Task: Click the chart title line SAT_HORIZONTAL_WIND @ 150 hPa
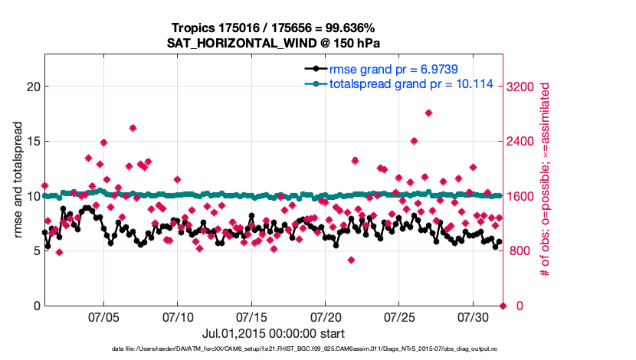pyautogui.click(x=274, y=43)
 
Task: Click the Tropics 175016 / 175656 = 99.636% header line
pyautogui.click(x=274, y=28)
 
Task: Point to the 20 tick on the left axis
pyautogui.click(x=33, y=87)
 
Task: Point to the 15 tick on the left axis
pyautogui.click(x=33, y=142)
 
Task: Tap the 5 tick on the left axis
pyautogui.click(x=36, y=251)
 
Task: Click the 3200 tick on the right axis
pyautogui.click(x=523, y=87)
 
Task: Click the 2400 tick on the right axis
pyautogui.click(x=523, y=142)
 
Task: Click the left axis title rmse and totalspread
pyautogui.click(x=18, y=180)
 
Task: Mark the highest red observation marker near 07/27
pyautogui.click(x=428, y=113)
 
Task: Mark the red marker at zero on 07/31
pyautogui.click(x=503, y=306)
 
